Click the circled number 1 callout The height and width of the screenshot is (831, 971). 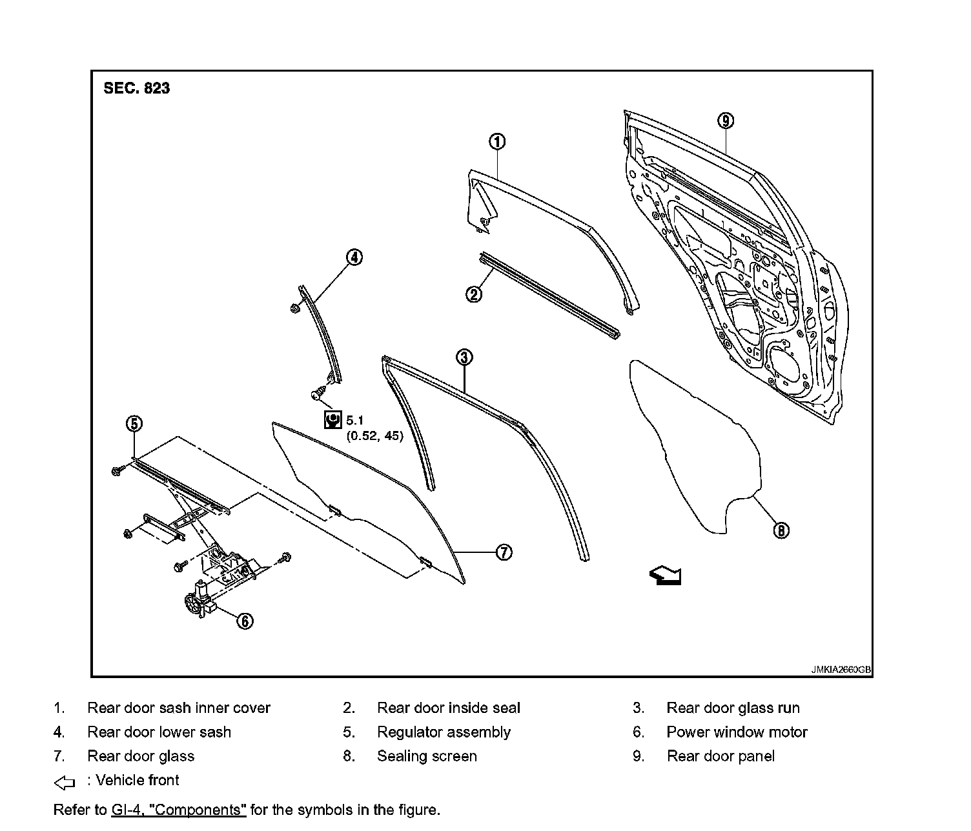pyautogui.click(x=496, y=142)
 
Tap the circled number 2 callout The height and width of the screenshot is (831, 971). pyautogui.click(x=474, y=295)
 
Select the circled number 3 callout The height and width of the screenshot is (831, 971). pyautogui.click(x=464, y=357)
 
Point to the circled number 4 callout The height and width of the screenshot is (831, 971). pyautogui.click(x=354, y=257)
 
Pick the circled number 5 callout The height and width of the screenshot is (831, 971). pyautogui.click(x=134, y=424)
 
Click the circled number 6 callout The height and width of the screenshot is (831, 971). pyautogui.click(x=245, y=621)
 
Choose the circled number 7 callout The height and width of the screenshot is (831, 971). pyautogui.click(x=504, y=552)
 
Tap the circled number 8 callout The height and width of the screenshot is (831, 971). pyautogui.click(x=781, y=530)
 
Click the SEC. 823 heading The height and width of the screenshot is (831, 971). pyautogui.click(x=136, y=88)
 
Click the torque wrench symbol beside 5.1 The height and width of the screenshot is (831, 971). pyautogui.click(x=332, y=419)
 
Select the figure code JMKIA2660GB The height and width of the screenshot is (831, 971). pyautogui.click(x=841, y=670)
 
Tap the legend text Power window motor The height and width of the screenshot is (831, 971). pyautogui.click(x=737, y=732)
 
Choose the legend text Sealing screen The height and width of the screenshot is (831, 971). pyautogui.click(x=427, y=756)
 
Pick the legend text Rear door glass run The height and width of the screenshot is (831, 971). pyautogui.click(x=733, y=708)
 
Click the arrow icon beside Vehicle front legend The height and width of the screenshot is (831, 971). pyautogui.click(x=65, y=783)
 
